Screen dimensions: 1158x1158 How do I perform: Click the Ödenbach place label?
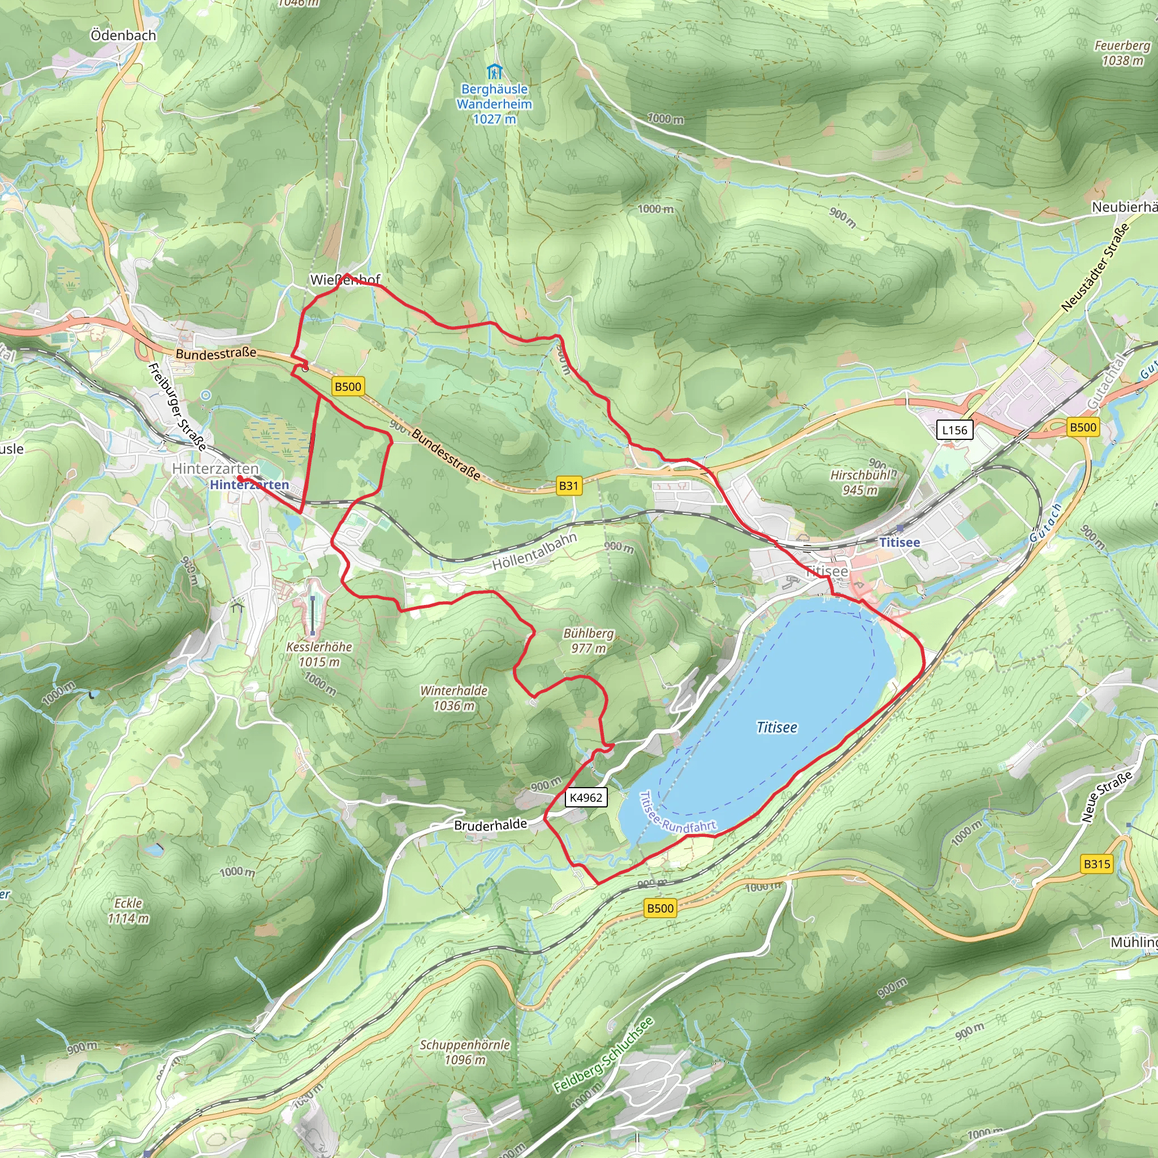[123, 36]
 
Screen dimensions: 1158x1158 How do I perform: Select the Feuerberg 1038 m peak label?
[1122, 53]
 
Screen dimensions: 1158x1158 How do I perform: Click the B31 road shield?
[568, 486]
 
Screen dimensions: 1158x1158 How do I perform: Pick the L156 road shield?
[954, 430]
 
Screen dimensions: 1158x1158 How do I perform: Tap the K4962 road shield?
[586, 797]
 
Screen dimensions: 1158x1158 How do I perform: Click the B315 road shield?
[1097, 864]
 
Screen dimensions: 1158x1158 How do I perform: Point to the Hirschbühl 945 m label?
[860, 482]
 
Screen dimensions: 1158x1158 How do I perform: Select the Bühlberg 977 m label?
[589, 640]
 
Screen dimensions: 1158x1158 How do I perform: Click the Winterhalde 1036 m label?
[453, 698]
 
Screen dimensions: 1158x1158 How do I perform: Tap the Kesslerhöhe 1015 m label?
[319, 654]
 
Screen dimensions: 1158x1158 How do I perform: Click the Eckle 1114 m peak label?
[128, 910]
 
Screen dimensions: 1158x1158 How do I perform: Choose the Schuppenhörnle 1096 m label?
[465, 1052]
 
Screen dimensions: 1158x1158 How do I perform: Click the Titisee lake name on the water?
[777, 727]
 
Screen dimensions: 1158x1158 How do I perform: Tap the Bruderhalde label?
[490, 825]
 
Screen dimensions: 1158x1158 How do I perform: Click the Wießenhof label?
[345, 280]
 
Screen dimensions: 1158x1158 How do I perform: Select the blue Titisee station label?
[899, 542]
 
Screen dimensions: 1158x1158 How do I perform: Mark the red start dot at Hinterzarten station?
[239, 478]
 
